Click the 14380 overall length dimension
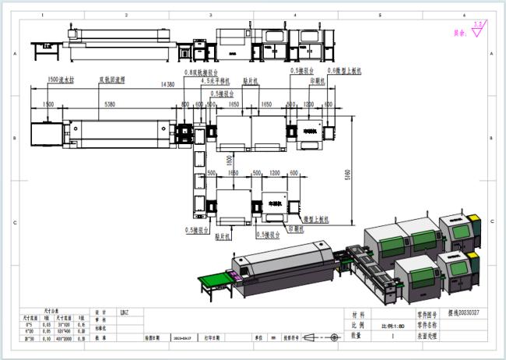(167, 83)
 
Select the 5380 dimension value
(109, 104)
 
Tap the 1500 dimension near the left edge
(47, 104)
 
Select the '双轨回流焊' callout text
(114, 79)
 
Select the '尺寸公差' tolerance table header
(51, 310)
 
